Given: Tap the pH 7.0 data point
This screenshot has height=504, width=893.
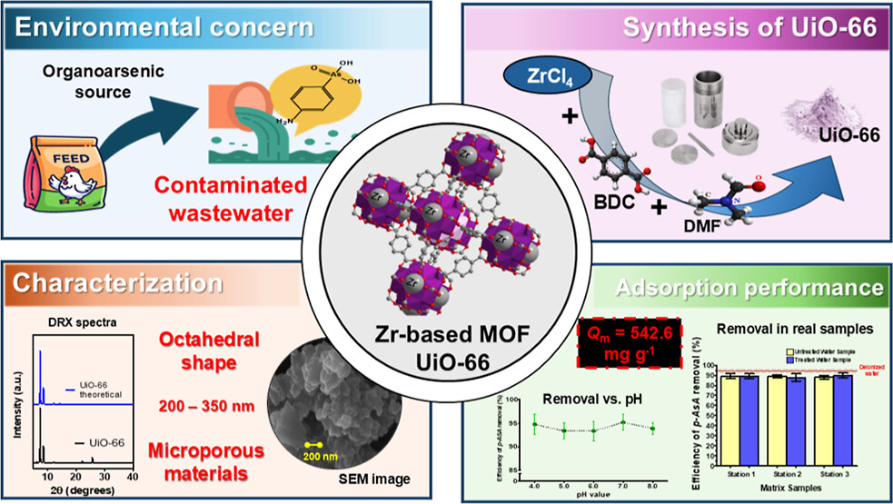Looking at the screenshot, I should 621,422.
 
